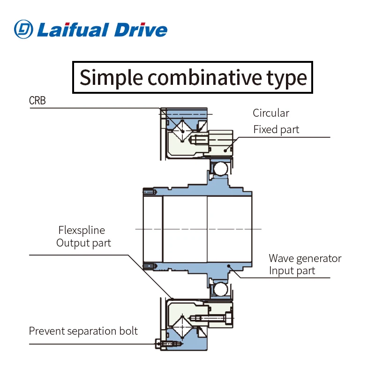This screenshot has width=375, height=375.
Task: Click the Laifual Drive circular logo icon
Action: pos(23,29)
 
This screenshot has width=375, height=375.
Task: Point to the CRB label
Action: pos(37,101)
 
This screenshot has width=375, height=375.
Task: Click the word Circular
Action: pos(271,113)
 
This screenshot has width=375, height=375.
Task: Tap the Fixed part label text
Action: pos(276,129)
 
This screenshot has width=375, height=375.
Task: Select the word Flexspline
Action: pos(82,230)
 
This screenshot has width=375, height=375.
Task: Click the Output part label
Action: pos(84,243)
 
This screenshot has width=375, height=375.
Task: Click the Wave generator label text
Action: pos(305,258)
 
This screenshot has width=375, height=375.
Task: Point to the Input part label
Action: pos(292,270)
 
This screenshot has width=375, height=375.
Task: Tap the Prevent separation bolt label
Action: pos(83,331)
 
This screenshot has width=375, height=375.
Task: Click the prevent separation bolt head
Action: pos(158,344)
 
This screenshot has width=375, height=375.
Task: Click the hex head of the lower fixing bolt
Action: pos(229,319)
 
